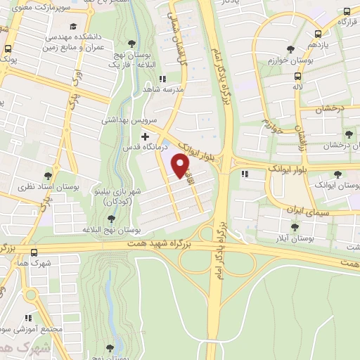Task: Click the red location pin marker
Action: pos(181,165)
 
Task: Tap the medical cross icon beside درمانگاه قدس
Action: pos(145,136)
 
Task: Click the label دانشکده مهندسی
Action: pos(74,34)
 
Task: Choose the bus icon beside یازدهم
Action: pos(318,33)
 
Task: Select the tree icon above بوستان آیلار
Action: pos(294,226)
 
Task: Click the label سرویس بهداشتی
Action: pos(124,120)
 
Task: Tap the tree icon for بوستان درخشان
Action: pos(349,134)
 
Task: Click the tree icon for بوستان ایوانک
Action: pos(337,174)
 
